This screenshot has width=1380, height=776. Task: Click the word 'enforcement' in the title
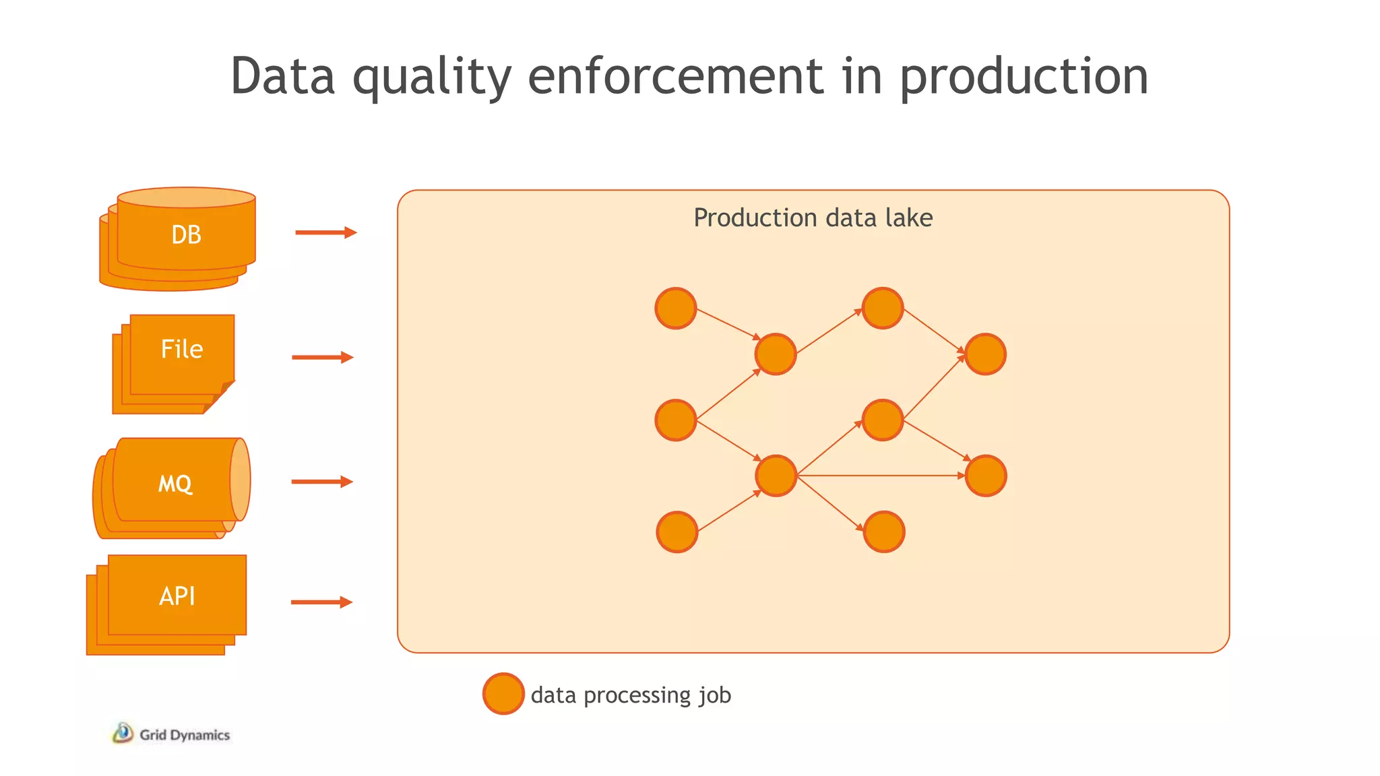coord(675,75)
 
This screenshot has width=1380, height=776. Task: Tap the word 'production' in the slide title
coord(1024,77)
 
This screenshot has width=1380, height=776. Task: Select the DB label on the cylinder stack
coord(186,234)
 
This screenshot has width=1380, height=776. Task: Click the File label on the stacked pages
coord(182,349)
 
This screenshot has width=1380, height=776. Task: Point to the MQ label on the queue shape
coord(175,483)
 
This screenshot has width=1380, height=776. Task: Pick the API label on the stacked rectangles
coord(177,596)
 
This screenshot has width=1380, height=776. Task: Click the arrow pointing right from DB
coord(325,232)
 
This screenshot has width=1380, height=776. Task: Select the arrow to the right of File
coord(322,357)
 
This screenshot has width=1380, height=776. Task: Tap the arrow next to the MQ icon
coord(322,482)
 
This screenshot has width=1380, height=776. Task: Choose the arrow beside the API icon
coord(321,602)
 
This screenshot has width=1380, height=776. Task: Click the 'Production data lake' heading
coord(813,218)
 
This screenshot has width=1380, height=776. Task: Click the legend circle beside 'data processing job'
coord(503,694)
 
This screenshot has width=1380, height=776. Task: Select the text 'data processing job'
coord(631,694)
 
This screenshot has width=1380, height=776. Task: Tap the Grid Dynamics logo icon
coord(123,734)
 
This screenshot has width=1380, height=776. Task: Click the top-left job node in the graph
coord(676,309)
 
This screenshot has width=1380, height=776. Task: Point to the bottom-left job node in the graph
coord(677,532)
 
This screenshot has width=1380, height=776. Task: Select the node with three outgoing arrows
coord(776,476)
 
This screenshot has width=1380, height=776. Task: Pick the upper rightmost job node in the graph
coord(985,354)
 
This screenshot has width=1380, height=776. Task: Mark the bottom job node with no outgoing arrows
coord(883,532)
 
